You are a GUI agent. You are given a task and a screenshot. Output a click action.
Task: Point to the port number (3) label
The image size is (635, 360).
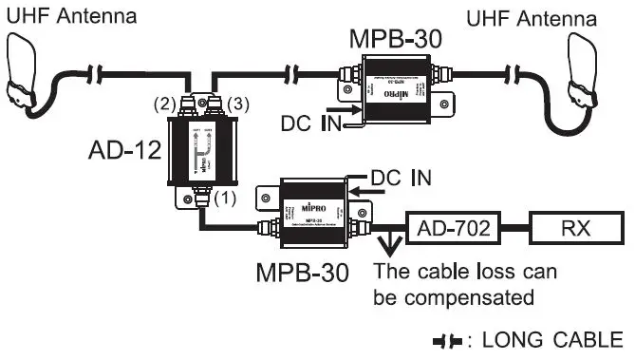242,102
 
